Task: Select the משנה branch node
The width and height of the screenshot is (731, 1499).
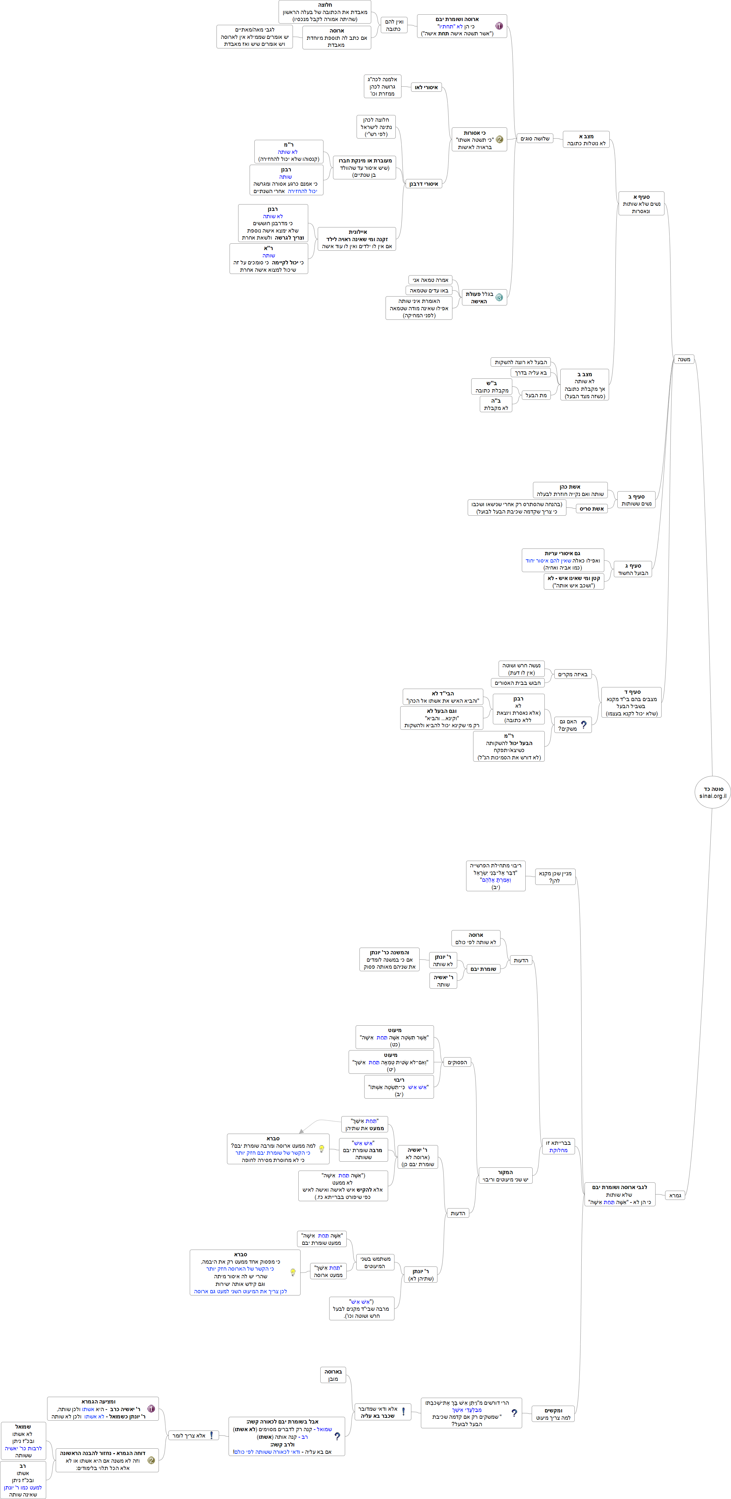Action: [684, 360]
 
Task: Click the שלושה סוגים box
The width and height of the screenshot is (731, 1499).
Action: [535, 139]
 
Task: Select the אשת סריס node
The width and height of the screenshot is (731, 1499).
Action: [592, 509]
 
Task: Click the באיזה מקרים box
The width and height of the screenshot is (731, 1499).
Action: [573, 674]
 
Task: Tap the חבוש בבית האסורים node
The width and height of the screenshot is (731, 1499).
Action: [518, 683]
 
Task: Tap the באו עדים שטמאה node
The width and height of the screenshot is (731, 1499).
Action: [429, 290]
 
